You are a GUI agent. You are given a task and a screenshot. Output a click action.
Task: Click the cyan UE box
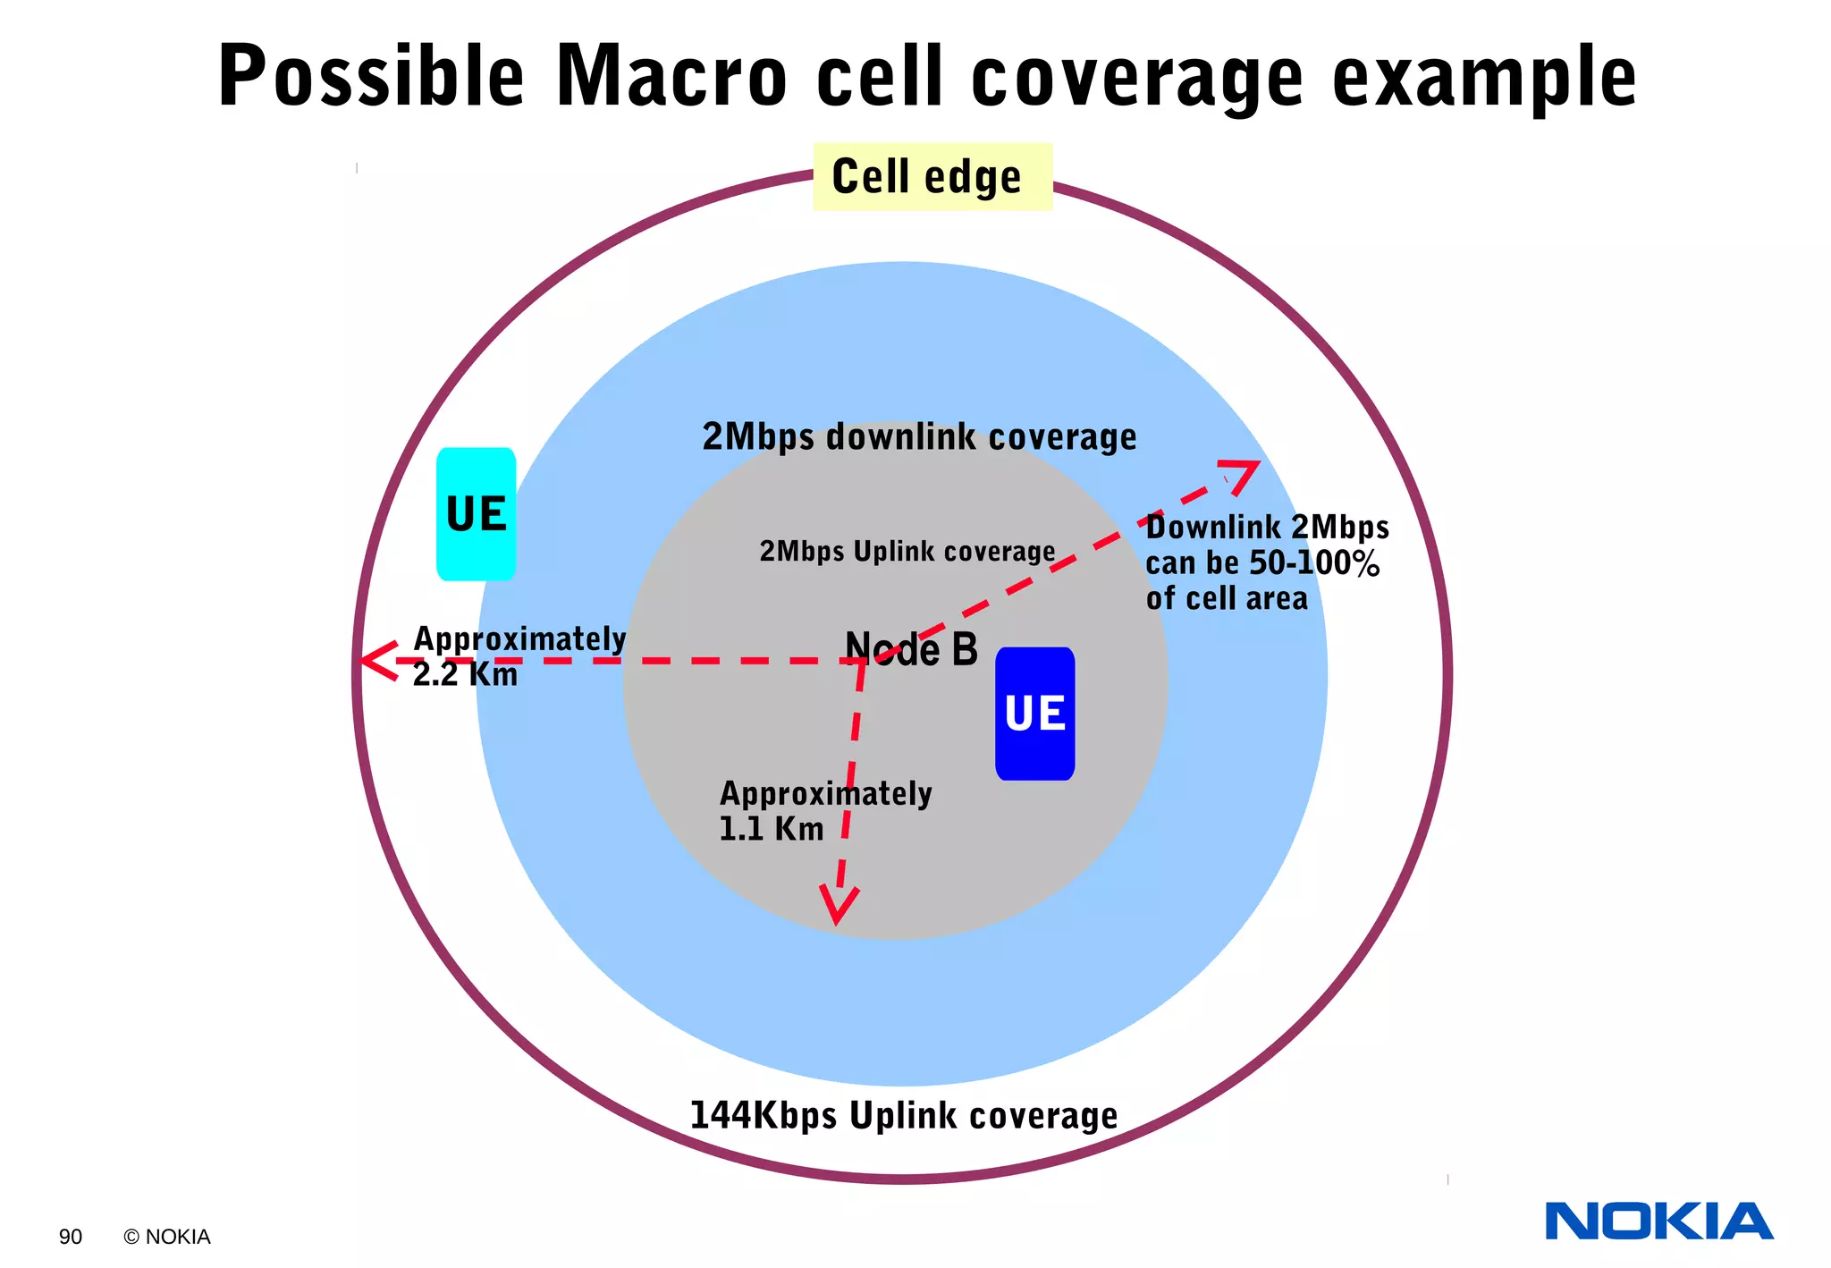point(476,514)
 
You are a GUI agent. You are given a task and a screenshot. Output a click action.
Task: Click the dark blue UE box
point(1034,714)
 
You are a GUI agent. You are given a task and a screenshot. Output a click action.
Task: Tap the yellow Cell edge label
point(932,176)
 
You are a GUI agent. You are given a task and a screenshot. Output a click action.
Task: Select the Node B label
point(911,649)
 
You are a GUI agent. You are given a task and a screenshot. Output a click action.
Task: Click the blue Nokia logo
point(1658,1222)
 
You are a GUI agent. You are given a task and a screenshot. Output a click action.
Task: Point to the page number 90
point(71,1237)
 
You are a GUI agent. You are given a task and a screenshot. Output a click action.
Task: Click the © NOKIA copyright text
point(167,1237)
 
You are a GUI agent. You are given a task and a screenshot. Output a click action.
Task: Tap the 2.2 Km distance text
point(465,674)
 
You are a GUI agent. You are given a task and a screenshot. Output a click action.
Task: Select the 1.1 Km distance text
point(771,829)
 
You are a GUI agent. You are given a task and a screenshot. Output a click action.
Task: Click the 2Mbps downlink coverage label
point(919,437)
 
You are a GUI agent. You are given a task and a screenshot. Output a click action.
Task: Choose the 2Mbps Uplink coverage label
point(907,551)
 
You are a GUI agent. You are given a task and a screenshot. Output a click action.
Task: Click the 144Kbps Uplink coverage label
point(903,1116)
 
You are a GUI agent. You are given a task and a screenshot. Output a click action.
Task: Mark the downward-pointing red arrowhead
point(838,906)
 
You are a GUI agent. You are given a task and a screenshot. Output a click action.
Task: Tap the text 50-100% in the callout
point(1313,562)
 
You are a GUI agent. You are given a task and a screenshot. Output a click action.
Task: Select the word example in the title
point(1484,79)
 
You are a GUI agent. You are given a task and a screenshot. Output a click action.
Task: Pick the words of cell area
point(1226,598)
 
